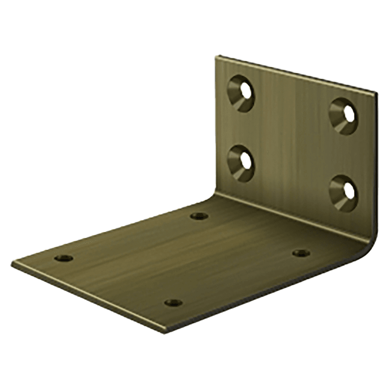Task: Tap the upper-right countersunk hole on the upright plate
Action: pos(343,116)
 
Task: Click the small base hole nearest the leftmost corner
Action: pos(63,258)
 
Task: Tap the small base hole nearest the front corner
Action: pos(173,302)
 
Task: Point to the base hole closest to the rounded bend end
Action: pos(301,253)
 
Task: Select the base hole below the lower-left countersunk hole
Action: pos(200,216)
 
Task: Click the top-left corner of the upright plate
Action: pos(216,57)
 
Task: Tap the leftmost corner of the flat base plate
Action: pos(12,263)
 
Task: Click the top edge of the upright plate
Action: pos(296,74)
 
